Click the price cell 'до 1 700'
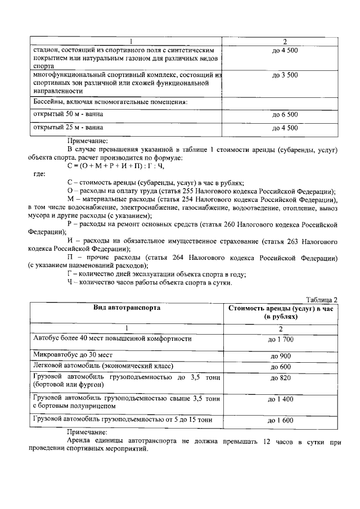(x=284, y=339)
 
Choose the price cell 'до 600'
(x=284, y=367)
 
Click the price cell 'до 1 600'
(x=284, y=420)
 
